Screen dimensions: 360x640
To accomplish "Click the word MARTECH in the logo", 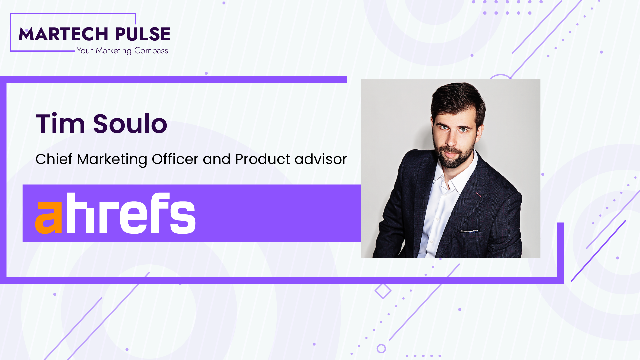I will tap(63, 34).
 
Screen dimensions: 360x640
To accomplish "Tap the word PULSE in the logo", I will tap(143, 34).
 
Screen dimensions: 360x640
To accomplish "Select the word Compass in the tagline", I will tap(151, 51).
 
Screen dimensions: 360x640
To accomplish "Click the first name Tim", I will tap(60, 124).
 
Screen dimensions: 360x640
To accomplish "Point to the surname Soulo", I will tap(130, 124).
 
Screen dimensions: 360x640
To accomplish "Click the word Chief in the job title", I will tap(54, 159).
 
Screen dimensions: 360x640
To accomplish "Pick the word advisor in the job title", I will tap(321, 159).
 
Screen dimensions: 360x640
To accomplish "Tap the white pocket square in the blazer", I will tap(469, 231).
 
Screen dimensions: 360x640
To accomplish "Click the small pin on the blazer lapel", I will tap(478, 194).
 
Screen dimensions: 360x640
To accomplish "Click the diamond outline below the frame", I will tap(383, 291).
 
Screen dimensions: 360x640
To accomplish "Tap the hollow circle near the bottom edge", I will tap(381, 349).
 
